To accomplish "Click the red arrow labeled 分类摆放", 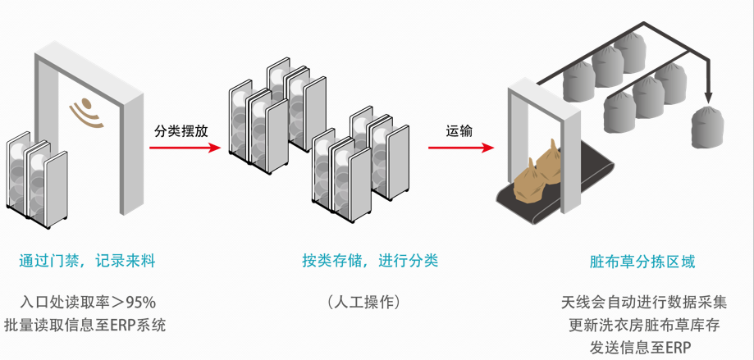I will (185, 148).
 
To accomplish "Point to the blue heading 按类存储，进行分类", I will (369, 262).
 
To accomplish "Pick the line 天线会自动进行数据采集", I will (643, 302).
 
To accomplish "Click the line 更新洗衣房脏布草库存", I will (643, 325).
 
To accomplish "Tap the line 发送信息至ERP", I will (643, 348).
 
